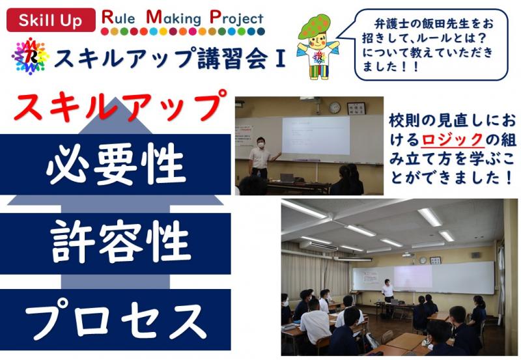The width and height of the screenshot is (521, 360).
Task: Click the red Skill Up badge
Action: pyautogui.click(x=51, y=20)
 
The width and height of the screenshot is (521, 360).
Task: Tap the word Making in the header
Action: pyautogui.click(x=173, y=18)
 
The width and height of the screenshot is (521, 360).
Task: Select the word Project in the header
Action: pyautogui.click(x=236, y=18)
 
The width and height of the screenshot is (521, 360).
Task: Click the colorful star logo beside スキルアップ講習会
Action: pyautogui.click(x=30, y=56)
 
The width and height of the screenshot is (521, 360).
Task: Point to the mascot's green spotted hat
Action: pyautogui.click(x=315, y=26)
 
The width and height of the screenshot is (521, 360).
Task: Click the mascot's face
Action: pyautogui.click(x=318, y=41)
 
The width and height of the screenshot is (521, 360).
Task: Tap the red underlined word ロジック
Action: pyautogui.click(x=452, y=139)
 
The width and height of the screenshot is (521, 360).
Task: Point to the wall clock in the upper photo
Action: pyautogui.click(x=335, y=107)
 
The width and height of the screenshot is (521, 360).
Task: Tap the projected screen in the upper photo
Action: pyautogui.click(x=316, y=135)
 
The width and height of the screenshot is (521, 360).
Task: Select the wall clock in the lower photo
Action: pyautogui.click(x=423, y=260)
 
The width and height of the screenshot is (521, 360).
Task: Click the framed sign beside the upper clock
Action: pyautogui.click(x=356, y=108)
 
